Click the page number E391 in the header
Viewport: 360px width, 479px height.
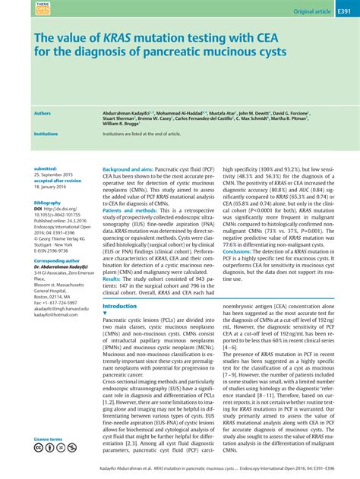(x=347, y=12)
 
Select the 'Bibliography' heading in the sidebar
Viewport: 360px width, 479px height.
(x=47, y=203)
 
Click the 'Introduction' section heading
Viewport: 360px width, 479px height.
(x=119, y=306)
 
